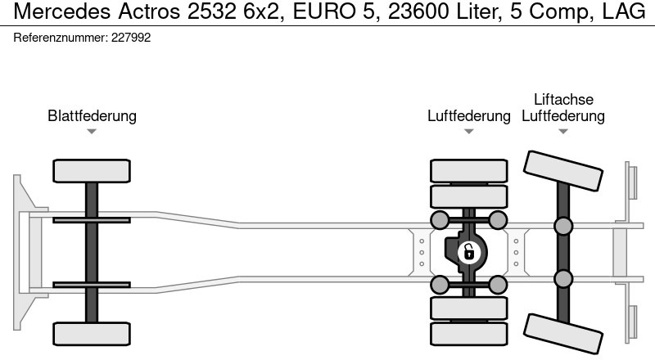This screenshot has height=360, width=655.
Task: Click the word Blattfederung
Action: (92, 115)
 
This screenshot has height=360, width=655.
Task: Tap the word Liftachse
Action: (563, 99)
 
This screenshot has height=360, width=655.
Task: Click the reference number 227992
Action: (131, 38)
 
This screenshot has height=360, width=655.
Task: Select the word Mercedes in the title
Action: (62, 11)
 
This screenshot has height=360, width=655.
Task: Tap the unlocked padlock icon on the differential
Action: (468, 252)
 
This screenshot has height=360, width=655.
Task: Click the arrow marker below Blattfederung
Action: (92, 132)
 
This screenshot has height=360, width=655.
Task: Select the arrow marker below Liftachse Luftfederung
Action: (563, 132)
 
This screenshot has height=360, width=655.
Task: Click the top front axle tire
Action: (92, 171)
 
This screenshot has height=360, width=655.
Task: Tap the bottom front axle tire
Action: (92, 334)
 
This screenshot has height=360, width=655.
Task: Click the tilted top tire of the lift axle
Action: (563, 171)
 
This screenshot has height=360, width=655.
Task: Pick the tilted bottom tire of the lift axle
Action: (563, 334)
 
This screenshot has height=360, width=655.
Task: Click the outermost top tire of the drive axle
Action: (469, 171)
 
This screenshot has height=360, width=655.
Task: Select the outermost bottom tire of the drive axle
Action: (469, 334)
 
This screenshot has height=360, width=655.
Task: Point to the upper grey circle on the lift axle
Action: (563, 226)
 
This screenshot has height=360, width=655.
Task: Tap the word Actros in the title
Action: (150, 11)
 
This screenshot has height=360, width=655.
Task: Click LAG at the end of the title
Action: (624, 11)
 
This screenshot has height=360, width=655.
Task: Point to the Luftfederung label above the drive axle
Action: (469, 115)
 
